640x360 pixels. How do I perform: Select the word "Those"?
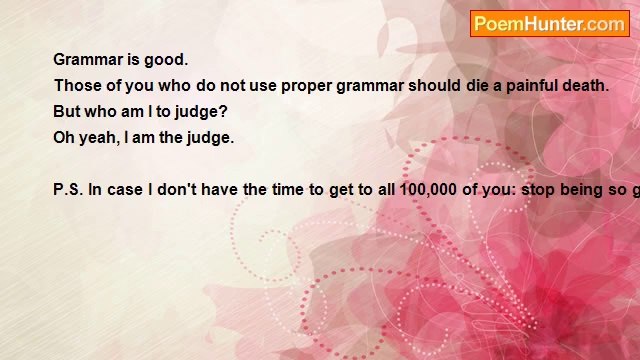click(x=77, y=86)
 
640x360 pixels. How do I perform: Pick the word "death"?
click(x=583, y=86)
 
